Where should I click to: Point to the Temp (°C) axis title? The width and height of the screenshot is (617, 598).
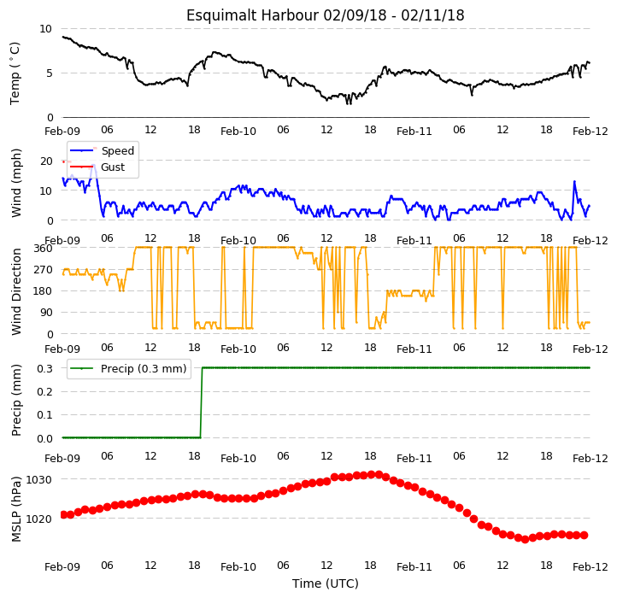pos(15,73)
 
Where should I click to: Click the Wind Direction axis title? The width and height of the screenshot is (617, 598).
pos(16,291)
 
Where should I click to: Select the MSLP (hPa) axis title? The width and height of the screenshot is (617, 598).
pos(16,509)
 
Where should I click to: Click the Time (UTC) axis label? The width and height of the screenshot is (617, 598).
pos(325,583)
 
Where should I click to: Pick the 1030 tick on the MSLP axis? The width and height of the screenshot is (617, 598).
pos(39,480)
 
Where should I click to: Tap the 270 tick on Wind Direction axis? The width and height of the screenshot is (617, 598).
pos(43,270)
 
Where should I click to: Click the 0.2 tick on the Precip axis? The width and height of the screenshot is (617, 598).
pos(44,392)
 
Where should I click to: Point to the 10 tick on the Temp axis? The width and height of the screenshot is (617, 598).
pos(45,29)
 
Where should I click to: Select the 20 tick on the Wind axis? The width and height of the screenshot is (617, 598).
pos(46,161)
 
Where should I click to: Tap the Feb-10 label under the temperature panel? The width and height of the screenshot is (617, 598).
pos(238,132)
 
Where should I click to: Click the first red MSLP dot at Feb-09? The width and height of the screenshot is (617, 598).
pos(63,514)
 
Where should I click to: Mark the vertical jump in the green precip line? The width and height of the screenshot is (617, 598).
pos(202,402)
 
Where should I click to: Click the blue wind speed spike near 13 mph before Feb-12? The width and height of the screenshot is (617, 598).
pos(574,181)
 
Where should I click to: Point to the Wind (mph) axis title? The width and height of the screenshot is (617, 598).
pos(16,183)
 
